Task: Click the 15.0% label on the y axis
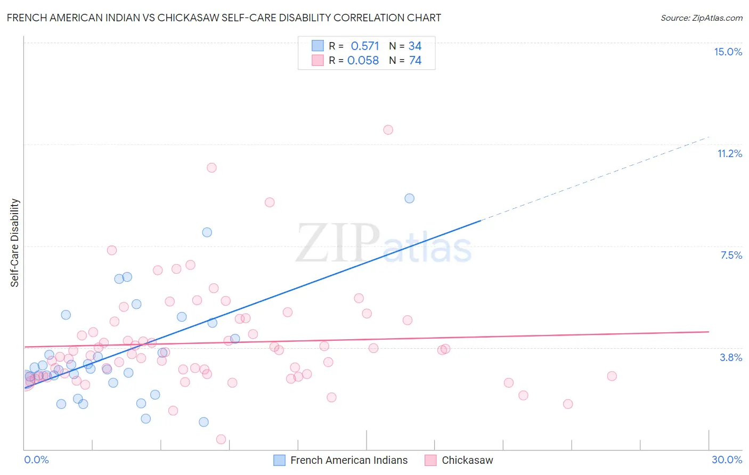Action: [728, 52]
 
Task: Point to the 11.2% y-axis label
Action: [729, 153]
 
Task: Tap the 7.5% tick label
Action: [731, 255]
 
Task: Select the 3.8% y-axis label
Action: [731, 357]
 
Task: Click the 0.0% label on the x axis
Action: [36, 460]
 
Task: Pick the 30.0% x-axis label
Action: [727, 460]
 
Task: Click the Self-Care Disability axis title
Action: [15, 243]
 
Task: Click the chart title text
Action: [224, 18]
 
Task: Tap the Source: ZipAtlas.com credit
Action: [701, 18]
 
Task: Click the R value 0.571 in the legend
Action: [365, 46]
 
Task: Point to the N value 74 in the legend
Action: [415, 61]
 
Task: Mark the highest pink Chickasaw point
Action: [388, 130]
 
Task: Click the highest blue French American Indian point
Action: [409, 198]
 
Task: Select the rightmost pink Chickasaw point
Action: [612, 376]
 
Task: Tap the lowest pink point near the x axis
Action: [221, 439]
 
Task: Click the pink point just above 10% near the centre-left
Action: [211, 168]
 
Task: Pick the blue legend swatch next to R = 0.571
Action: [317, 46]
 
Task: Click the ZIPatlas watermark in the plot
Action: [384, 244]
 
